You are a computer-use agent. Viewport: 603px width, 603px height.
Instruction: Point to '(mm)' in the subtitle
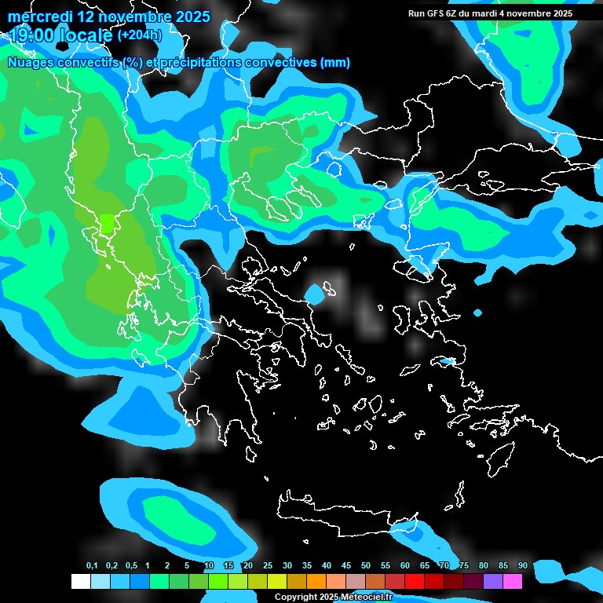point(335,63)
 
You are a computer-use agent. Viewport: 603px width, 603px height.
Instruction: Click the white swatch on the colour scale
point(81,582)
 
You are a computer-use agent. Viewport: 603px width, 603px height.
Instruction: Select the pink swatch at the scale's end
point(513,582)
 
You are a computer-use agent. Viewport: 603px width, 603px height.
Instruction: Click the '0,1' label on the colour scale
point(92,566)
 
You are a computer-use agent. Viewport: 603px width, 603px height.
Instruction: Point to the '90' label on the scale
point(522,566)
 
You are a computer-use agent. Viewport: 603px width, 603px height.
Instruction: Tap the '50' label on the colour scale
point(366,566)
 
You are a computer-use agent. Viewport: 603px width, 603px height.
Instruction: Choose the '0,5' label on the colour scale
point(131,566)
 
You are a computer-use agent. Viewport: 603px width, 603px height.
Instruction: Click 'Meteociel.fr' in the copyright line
point(366,598)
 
